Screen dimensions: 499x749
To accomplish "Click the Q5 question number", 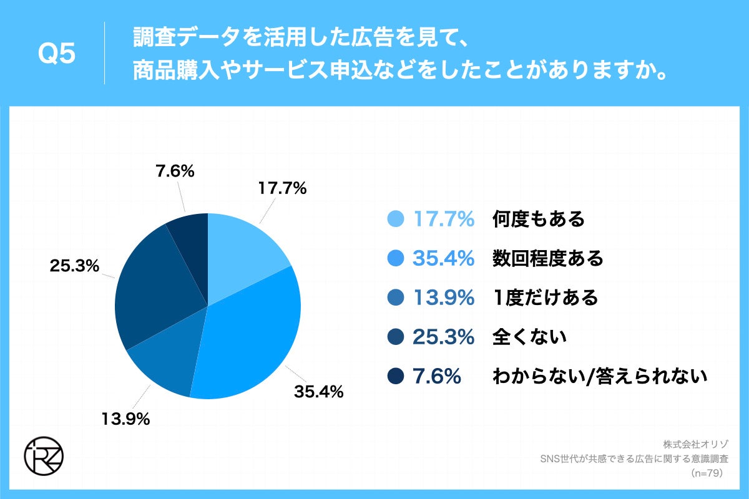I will (57, 54).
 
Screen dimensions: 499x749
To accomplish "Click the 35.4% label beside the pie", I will (318, 392).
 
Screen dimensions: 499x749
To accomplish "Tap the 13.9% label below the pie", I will (125, 419).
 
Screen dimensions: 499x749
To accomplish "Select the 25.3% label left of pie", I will (74, 266).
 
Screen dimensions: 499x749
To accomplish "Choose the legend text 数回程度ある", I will (547, 258).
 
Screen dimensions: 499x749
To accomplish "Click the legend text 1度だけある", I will (545, 298).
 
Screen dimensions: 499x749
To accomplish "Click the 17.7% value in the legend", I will (443, 219).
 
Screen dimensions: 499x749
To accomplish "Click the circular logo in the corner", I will (43, 457).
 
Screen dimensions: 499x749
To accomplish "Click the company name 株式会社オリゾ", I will (692, 445).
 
